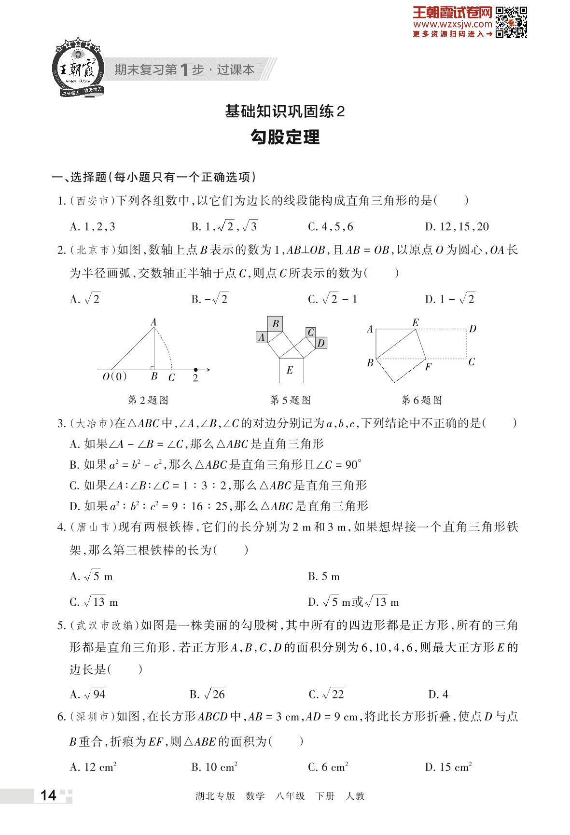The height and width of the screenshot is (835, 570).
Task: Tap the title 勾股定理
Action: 285,138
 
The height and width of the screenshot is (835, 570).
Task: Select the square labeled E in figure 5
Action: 291,370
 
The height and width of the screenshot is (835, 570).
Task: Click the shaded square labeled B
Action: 275,323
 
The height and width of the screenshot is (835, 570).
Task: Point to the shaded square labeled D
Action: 321,343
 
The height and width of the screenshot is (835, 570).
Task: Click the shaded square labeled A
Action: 262,337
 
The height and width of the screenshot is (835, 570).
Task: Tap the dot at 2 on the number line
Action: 195,370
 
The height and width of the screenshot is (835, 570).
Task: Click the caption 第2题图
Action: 148,400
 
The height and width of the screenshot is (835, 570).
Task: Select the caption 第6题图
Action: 421,400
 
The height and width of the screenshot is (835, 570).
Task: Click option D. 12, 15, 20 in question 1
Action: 457,226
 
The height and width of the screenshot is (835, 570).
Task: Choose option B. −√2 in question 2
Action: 209,299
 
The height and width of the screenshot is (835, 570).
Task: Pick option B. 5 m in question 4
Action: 324,576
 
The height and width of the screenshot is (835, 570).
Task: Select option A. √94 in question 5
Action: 88,694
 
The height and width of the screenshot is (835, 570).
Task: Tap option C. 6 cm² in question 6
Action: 328,767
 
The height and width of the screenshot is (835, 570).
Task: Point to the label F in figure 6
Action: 428,367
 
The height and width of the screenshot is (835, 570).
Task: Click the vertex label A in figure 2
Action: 153,322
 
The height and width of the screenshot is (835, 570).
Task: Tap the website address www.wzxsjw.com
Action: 452,24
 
